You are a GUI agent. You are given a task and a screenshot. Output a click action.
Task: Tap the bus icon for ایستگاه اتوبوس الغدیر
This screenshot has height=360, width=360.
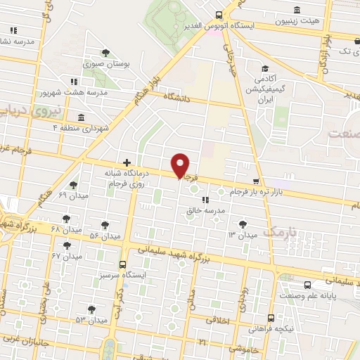219,15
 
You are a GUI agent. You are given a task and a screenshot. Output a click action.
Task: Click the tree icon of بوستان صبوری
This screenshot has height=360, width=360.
105,53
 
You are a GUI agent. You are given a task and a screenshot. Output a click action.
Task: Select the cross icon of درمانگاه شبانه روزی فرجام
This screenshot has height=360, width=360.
127,162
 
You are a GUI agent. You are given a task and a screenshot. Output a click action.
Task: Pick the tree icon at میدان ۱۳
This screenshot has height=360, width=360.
243,223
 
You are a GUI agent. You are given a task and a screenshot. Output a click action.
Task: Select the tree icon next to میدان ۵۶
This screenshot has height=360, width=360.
105,225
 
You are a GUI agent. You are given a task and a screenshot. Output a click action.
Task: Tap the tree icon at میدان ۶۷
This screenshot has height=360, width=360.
67,245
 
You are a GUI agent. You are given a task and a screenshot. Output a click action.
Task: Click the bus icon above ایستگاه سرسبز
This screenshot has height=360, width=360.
124,265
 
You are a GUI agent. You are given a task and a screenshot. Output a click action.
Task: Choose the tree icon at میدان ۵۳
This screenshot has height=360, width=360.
92,309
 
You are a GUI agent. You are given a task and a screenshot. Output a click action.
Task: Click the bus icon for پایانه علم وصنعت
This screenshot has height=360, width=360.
309,285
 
